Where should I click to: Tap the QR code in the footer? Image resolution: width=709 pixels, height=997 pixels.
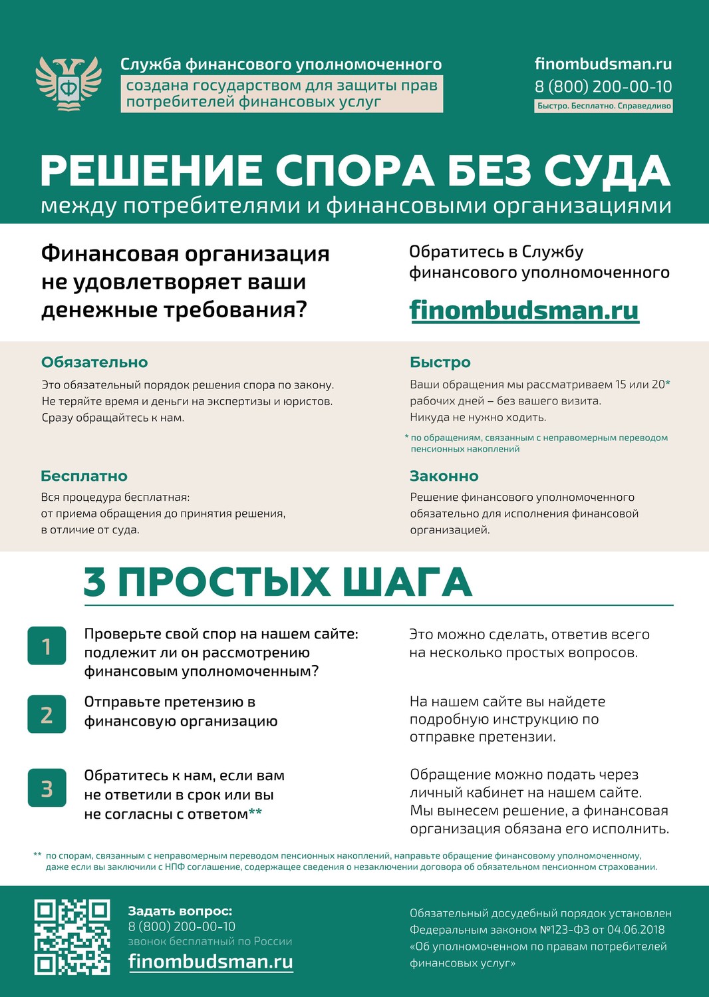[72, 937]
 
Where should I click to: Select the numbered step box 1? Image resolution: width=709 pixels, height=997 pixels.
[47, 646]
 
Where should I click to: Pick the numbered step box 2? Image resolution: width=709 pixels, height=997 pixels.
[47, 714]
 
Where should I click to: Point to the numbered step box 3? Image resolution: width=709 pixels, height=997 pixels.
[47, 788]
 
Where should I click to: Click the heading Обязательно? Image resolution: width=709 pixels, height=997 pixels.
[94, 362]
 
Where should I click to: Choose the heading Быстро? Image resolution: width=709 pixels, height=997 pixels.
[440, 362]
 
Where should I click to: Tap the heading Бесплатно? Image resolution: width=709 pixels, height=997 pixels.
[84, 476]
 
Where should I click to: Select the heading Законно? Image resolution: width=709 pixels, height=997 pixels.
[444, 476]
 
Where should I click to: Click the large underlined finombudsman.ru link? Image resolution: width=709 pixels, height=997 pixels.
[524, 311]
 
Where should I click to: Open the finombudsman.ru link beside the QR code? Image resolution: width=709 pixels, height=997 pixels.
[210, 962]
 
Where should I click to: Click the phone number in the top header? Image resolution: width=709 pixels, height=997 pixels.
[603, 86]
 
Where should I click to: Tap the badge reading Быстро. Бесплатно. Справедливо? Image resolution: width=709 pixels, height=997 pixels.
[604, 106]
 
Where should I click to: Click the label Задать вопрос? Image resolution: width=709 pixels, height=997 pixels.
[180, 911]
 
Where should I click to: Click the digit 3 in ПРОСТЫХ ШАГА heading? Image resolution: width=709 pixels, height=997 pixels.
[94, 582]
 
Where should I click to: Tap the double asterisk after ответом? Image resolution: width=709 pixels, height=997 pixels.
[255, 813]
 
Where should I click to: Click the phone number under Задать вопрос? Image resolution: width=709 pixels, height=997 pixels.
[182, 926]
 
